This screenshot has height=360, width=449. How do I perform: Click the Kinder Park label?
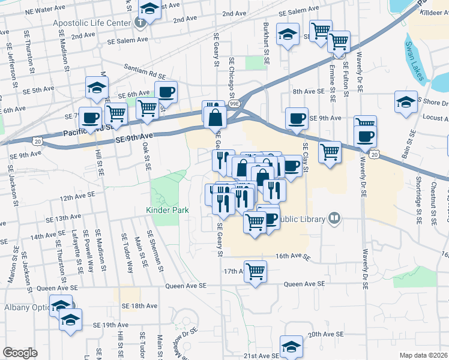167,210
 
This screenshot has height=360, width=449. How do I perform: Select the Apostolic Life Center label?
92,23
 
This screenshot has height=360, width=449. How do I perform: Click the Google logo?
20,353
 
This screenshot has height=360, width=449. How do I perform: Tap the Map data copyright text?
424,355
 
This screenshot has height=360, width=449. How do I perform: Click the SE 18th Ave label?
139,305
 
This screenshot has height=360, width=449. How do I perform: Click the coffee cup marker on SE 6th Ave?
166,92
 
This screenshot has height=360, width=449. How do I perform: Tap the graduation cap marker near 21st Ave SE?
292,346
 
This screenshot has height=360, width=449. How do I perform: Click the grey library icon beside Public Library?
335,220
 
